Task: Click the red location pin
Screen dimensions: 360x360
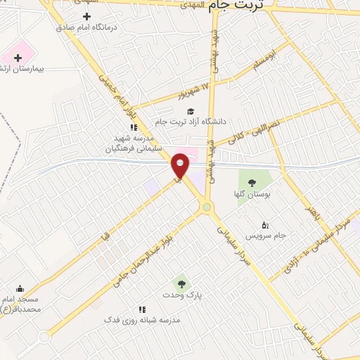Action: click(181, 165)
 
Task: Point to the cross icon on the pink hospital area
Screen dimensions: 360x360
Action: click(18, 57)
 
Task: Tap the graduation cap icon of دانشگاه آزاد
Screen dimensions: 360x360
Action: click(190, 111)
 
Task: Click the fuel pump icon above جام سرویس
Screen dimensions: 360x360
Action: click(264, 225)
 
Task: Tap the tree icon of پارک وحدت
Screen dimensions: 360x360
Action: click(182, 284)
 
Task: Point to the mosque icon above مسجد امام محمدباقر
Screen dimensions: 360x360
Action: click(20, 288)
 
